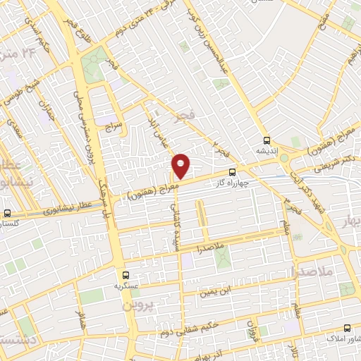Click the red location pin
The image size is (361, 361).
pos(182,166)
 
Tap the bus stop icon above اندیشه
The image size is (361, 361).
pos(267,140)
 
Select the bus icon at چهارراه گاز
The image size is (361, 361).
pos(233,172)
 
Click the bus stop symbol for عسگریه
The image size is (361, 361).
pos(126,275)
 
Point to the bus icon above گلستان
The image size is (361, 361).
pos(7,213)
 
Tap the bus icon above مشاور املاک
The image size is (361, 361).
pos(347,328)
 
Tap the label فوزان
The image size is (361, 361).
pos(250,328)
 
